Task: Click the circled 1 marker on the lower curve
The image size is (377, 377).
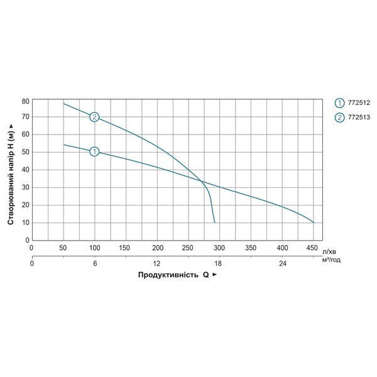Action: click(x=94, y=151)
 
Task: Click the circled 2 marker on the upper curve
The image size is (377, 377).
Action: click(x=94, y=117)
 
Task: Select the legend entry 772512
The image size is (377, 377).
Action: click(x=352, y=103)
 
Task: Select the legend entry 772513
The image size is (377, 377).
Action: click(x=352, y=117)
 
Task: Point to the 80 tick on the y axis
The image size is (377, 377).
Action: click(x=25, y=101)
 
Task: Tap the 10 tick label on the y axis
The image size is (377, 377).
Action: click(x=25, y=222)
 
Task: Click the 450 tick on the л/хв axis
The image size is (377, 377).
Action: click(x=312, y=248)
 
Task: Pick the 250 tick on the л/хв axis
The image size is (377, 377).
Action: click(x=187, y=248)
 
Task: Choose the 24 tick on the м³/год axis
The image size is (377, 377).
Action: click(x=283, y=263)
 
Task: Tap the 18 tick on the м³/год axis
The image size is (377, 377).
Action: click(x=217, y=263)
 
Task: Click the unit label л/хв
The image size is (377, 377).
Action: click(x=329, y=252)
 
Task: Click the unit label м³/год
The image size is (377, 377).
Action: click(x=331, y=260)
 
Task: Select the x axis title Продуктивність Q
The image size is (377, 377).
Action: click(x=173, y=275)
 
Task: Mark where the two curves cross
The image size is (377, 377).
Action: click(x=202, y=182)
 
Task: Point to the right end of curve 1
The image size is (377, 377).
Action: click(x=314, y=222)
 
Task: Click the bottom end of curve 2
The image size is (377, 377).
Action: click(x=215, y=222)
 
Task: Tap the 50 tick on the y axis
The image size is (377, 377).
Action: click(x=25, y=152)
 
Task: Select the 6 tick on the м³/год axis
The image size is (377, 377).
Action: click(x=95, y=263)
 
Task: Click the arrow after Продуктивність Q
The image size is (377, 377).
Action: click(x=214, y=275)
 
